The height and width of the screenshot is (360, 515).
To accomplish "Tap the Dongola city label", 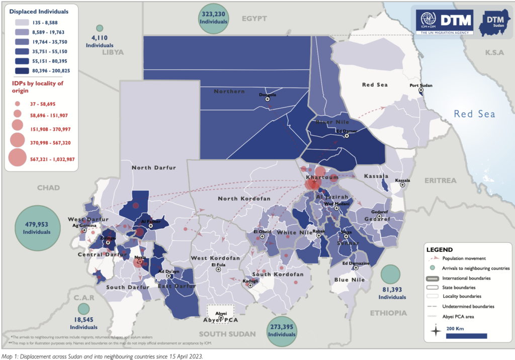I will pyautogui.click(x=267, y=94).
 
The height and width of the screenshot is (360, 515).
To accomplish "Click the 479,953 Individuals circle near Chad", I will pyautogui.click(x=36, y=228).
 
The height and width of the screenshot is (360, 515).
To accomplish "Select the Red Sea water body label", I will pyautogui.click(x=474, y=114).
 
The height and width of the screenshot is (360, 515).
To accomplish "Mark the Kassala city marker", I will pyautogui.click(x=402, y=185).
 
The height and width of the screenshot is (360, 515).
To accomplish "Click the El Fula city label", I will pyautogui.click(x=218, y=264).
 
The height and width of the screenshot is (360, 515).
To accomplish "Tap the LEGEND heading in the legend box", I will pyautogui.click(x=439, y=249).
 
